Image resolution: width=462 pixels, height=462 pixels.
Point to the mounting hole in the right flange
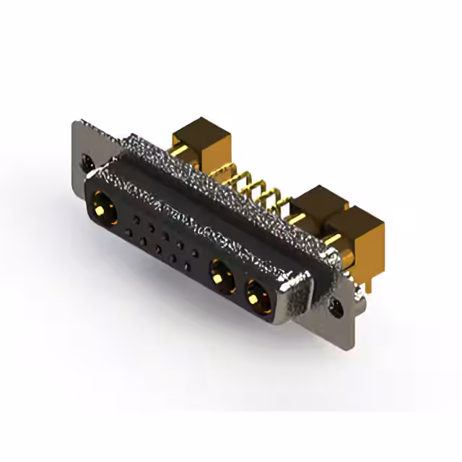tap(337, 308)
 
